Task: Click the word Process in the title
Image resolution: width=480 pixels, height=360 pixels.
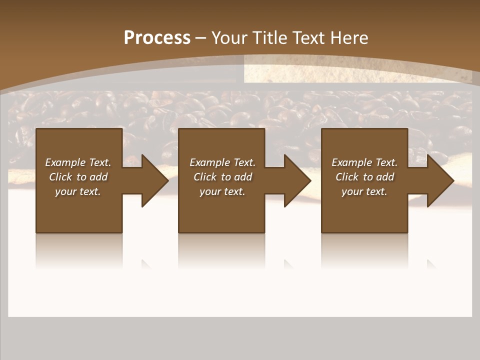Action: click(x=157, y=38)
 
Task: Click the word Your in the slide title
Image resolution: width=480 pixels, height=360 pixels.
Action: click(x=230, y=38)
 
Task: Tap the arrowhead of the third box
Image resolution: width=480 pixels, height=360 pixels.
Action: click(x=439, y=180)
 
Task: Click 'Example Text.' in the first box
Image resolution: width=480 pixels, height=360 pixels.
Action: click(x=78, y=162)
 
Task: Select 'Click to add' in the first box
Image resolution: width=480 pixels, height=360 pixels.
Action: click(x=78, y=177)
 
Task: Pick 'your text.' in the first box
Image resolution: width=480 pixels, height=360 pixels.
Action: click(x=78, y=191)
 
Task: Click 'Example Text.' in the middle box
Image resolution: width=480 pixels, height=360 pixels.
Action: click(x=222, y=162)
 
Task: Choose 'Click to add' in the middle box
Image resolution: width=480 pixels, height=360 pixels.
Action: click(x=222, y=177)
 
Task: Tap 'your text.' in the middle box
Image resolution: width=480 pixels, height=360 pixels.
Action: click(x=222, y=191)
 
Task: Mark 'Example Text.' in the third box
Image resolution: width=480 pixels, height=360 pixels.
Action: click(x=364, y=162)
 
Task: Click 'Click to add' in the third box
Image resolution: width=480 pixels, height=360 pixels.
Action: click(x=364, y=177)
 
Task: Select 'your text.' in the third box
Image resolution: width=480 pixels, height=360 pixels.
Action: click(x=364, y=191)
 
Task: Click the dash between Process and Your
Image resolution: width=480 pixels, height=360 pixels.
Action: click(x=200, y=38)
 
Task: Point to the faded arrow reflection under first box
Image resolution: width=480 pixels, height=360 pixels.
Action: click(x=146, y=264)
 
